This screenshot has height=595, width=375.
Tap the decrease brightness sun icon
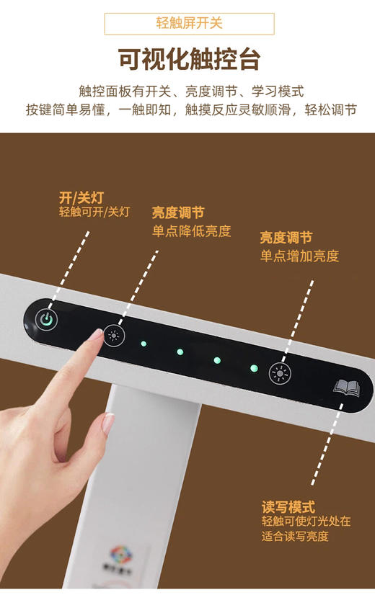point(113,334)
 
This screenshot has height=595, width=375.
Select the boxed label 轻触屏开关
point(190,23)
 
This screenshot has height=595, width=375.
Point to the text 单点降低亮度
point(191,231)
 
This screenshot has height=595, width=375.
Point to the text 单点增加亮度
point(299,256)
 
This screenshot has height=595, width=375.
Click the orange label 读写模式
point(288,507)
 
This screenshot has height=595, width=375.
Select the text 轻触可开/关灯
point(94,212)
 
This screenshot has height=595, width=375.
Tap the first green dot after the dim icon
point(144,343)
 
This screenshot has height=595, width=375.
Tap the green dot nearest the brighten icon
point(253,368)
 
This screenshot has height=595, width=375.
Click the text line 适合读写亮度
point(295,537)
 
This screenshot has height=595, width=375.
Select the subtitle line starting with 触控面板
point(191,91)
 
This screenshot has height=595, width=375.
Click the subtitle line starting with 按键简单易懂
point(191,110)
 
